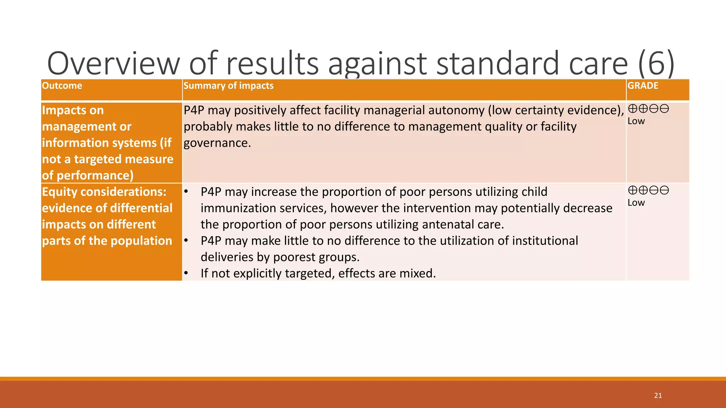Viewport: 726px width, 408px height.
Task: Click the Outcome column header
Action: click(x=62, y=86)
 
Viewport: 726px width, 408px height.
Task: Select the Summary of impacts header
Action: click(x=228, y=86)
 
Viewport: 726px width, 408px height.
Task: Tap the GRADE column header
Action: click(x=643, y=86)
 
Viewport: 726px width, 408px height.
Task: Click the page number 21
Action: click(x=658, y=396)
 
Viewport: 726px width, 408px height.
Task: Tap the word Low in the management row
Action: click(x=636, y=121)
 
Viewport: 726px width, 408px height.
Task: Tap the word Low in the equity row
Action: click(x=636, y=203)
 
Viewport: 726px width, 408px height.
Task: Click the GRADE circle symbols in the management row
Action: click(x=648, y=109)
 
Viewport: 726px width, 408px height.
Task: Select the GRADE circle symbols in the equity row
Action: click(x=648, y=191)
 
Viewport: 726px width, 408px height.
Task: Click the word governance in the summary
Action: click(x=217, y=143)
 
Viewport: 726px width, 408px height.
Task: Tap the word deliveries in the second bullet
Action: click(x=227, y=257)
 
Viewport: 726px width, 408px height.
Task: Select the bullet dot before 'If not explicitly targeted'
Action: click(x=186, y=273)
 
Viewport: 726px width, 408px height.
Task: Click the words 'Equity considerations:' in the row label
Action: click(x=104, y=192)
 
